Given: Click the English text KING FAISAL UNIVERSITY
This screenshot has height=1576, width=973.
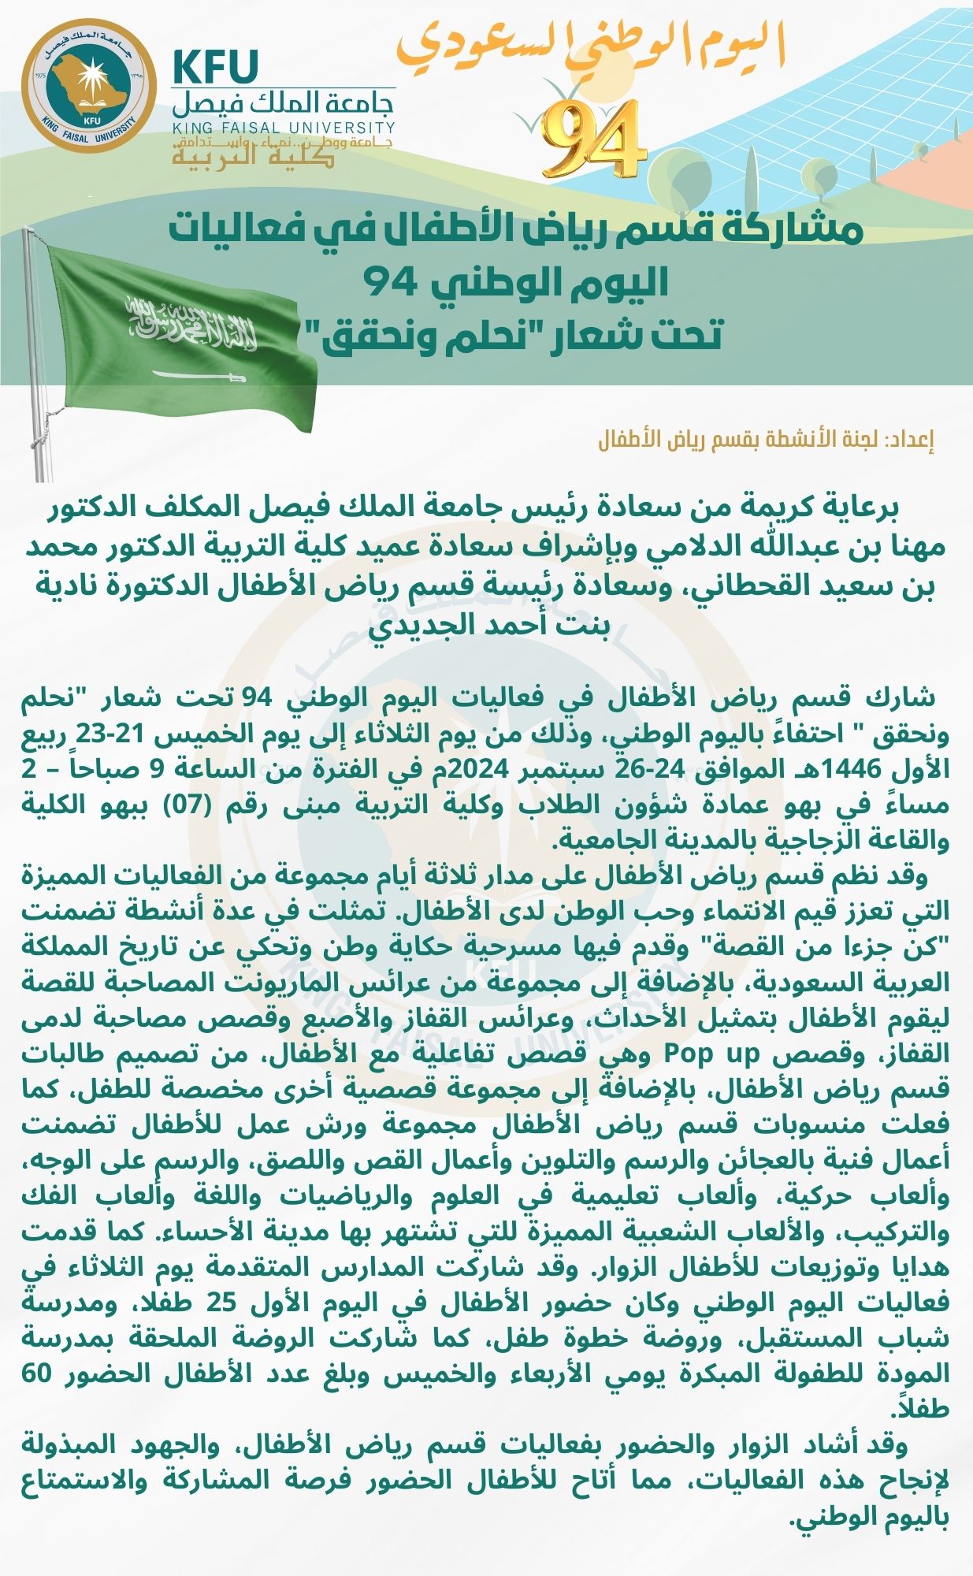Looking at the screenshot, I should [284, 127].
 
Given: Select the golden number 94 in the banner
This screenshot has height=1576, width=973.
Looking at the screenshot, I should [592, 139].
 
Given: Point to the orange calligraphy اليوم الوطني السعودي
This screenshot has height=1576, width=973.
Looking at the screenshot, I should [591, 45].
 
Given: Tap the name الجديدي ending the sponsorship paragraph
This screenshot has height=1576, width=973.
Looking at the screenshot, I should [410, 625].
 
